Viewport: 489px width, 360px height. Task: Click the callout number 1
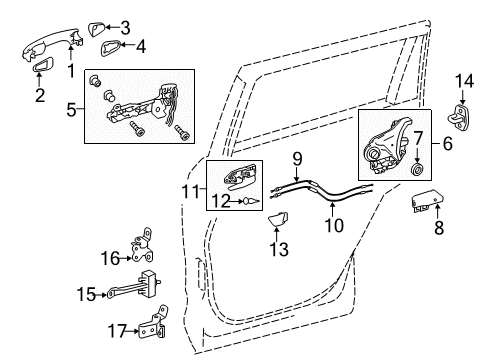click(x=70, y=71)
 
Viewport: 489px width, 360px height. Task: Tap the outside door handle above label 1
click(x=48, y=43)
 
